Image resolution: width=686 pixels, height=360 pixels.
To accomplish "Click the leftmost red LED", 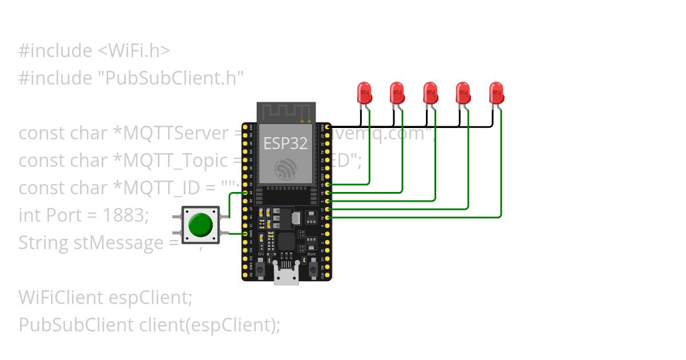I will (363, 92).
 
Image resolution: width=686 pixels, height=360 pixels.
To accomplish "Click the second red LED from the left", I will (396, 92).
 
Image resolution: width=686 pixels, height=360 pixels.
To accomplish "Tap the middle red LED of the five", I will (429, 92).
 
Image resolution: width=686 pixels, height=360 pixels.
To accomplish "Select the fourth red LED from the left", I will (462, 92).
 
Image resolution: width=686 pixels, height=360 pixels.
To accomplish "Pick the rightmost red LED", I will (496, 92).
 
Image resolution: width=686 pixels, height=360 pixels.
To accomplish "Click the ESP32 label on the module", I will (285, 143).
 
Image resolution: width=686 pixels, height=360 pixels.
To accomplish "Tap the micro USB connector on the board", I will (285, 276).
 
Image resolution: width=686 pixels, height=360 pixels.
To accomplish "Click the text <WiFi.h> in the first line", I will (131, 50).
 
